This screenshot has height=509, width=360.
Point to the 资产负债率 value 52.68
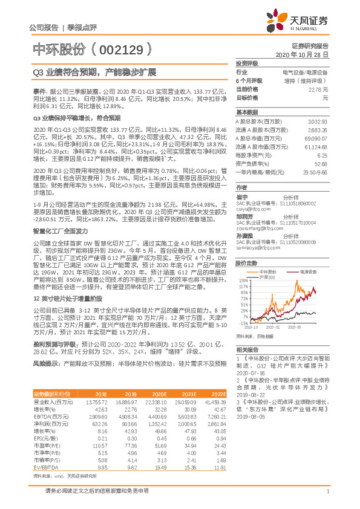point(321,163)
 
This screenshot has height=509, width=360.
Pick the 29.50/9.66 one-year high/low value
point(316,172)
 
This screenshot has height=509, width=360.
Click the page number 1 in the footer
point(327,498)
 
